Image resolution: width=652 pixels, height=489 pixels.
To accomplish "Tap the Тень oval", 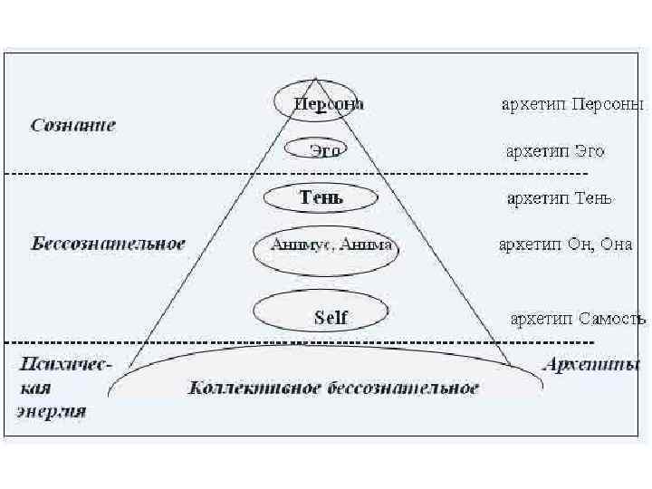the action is [321, 197].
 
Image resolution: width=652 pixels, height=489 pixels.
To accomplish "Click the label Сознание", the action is [73, 125].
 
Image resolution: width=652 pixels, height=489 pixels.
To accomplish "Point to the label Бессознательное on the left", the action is [108, 244].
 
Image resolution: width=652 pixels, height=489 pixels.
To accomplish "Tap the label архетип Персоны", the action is [572, 104].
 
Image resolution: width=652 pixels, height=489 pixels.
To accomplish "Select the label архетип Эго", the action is [555, 151].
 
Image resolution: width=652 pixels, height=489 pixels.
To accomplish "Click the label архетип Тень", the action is [560, 198].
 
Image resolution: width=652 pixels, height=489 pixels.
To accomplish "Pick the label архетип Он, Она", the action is [565, 244].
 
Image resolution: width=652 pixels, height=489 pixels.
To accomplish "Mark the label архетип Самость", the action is [578, 318].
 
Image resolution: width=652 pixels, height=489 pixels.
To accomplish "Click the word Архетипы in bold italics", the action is [591, 366].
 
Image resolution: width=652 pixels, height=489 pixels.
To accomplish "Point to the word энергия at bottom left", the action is [52, 411].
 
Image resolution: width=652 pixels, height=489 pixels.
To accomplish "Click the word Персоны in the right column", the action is [618, 104].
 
